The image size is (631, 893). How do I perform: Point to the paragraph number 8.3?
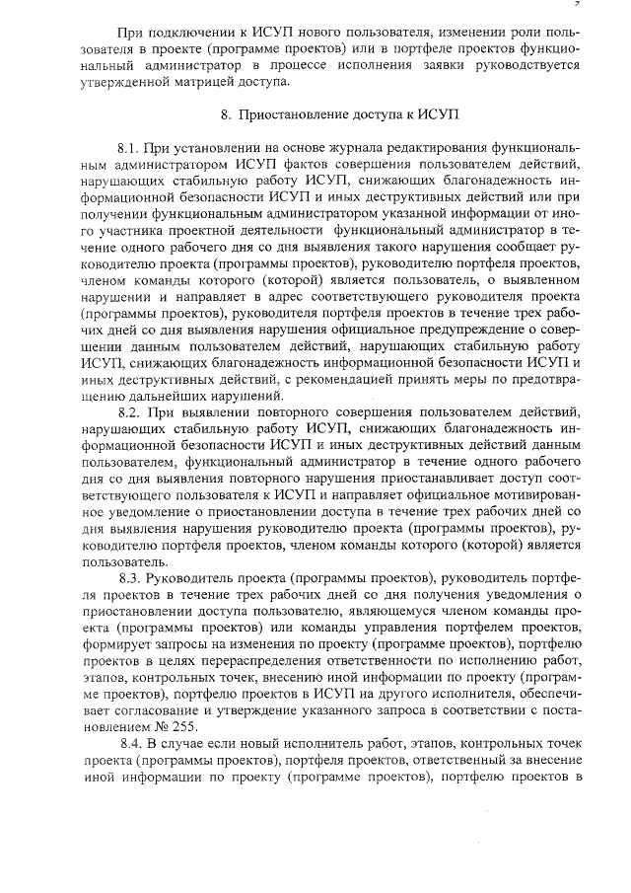pos(130,577)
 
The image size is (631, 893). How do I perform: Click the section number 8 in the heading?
pos(225,115)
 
